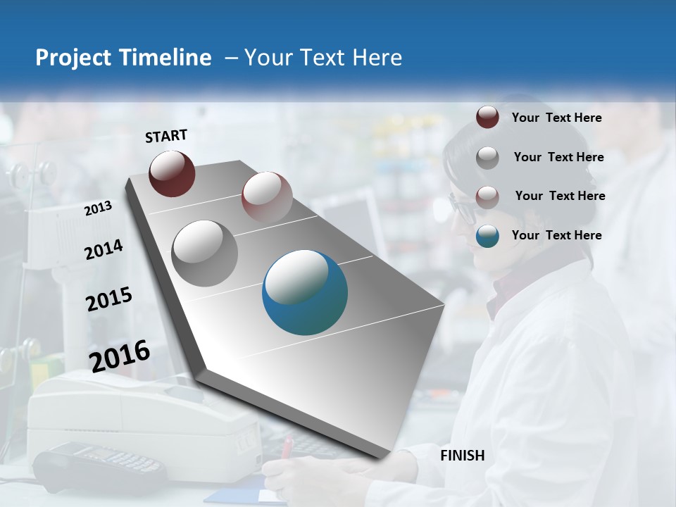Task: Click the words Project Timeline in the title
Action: [x=123, y=58]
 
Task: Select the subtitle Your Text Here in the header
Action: [x=323, y=58]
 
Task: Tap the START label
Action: [x=166, y=136]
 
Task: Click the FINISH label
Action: [x=463, y=456]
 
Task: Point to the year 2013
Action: [x=98, y=208]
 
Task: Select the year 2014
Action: [x=104, y=250]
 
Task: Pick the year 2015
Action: [x=109, y=299]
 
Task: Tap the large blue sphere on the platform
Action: [x=305, y=292]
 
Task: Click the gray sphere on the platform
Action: [x=205, y=253]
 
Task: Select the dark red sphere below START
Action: [x=172, y=173]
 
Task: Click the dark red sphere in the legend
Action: [x=487, y=118]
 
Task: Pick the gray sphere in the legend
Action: [x=487, y=158]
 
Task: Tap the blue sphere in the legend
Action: [x=487, y=236]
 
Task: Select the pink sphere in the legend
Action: [x=487, y=196]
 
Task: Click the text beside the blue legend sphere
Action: [x=556, y=235]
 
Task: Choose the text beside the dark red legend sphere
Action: [x=556, y=118]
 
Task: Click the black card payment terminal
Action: [x=99, y=465]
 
